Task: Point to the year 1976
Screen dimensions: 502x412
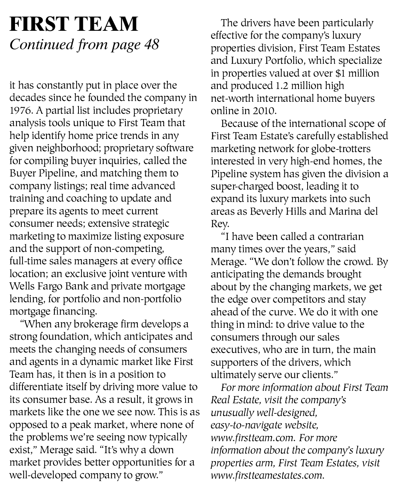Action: tap(20, 111)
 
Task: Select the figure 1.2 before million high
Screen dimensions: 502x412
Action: tap(282, 86)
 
